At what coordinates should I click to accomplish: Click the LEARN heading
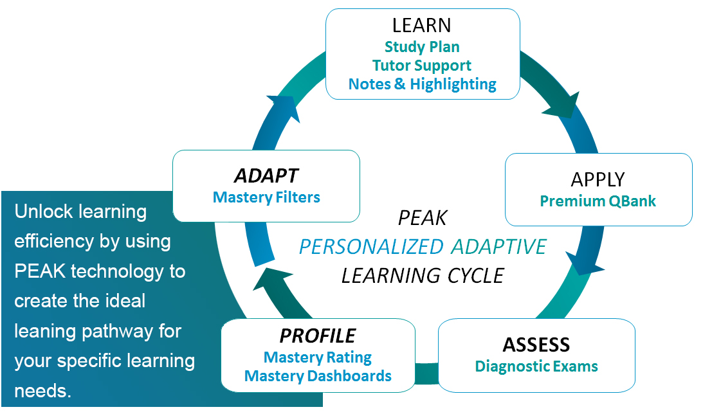click(421, 26)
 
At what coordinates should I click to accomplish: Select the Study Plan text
click(422, 46)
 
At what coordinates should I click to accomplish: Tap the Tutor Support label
click(421, 66)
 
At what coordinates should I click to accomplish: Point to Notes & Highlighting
click(423, 84)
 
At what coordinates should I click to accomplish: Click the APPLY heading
click(598, 179)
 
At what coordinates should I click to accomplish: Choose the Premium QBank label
click(598, 201)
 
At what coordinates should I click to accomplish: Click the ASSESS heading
click(536, 345)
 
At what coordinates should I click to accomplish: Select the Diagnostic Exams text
click(536, 366)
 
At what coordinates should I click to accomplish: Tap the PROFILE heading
click(318, 336)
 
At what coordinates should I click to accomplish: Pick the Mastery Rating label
click(318, 357)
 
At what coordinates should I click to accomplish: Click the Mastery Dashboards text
click(318, 376)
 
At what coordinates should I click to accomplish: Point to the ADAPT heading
click(266, 175)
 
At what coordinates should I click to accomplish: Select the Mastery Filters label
click(266, 197)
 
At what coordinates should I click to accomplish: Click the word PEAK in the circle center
click(423, 218)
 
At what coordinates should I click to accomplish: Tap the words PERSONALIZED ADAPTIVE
click(423, 247)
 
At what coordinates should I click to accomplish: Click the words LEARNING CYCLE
click(423, 276)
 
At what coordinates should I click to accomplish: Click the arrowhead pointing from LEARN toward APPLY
click(563, 105)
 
